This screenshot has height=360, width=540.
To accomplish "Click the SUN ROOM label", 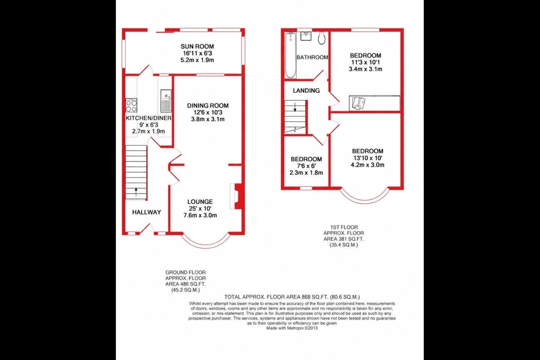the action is tap(197, 46).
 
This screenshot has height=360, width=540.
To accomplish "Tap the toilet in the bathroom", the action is tap(322, 38).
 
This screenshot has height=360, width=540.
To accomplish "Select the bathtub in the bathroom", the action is tap(291, 55).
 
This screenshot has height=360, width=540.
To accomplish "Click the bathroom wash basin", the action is tap(306, 36).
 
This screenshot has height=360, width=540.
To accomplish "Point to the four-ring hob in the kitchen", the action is tap(131, 105).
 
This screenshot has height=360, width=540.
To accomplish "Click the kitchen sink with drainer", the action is tap(166, 101).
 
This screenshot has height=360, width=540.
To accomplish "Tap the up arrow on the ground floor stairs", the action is tap(136, 192).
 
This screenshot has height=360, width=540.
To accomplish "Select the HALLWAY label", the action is tap(147, 212).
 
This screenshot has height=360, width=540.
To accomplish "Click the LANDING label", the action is tap(306, 90).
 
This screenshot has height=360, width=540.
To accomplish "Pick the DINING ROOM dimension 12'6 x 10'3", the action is tap(208, 112).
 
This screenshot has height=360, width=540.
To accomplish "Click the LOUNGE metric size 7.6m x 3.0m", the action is tap(200, 215).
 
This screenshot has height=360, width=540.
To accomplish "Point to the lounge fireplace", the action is tap(235, 196).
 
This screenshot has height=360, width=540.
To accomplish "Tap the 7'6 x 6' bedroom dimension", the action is tap(306, 166).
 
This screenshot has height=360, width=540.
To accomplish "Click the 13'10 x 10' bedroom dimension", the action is tap(367, 158).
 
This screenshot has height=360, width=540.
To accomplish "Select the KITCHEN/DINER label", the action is tap(148, 118).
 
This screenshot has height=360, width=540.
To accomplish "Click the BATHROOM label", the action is tap(312, 57).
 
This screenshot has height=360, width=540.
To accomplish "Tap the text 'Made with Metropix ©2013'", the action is tap(292, 328).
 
